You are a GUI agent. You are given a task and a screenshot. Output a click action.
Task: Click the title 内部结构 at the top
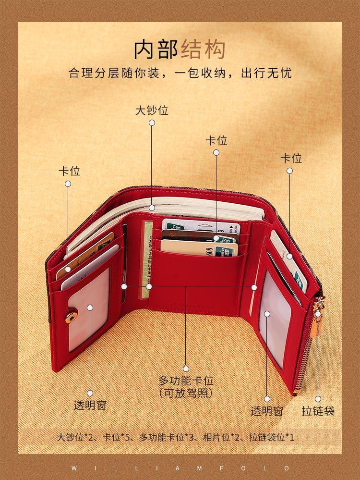[180, 49]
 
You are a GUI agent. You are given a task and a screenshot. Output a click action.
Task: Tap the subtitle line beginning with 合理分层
[180, 74]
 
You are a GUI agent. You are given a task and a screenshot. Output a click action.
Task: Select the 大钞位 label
[152, 111]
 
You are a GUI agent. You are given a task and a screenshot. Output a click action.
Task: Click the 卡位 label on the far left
[69, 172]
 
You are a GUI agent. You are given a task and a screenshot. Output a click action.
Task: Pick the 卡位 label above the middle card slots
[216, 141]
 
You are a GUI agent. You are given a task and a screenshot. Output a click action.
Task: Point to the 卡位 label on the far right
[291, 158]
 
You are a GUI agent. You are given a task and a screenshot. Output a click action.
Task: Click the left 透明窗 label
[90, 405]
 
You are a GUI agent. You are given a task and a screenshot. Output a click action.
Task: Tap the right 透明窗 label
[267, 411]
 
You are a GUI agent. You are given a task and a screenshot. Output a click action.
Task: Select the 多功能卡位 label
[186, 381]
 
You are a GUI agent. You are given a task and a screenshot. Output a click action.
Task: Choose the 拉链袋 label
[318, 411]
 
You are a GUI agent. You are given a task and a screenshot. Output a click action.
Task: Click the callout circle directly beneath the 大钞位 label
[152, 123]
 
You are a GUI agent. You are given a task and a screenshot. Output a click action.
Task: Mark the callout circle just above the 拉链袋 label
[318, 399]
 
